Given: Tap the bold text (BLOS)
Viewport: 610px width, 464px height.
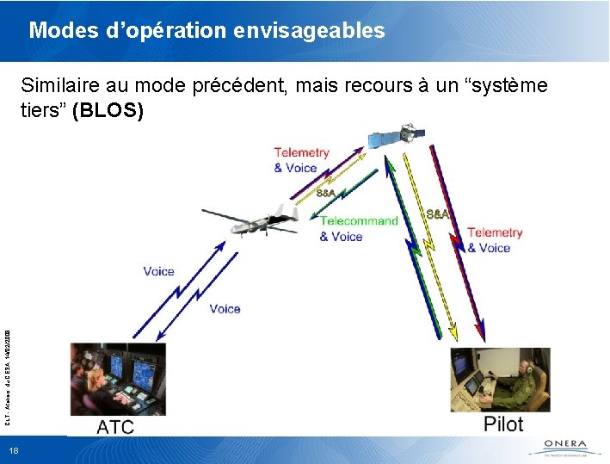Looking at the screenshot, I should pos(108,111).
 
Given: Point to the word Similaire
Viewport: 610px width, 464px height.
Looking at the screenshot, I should pos(59,86).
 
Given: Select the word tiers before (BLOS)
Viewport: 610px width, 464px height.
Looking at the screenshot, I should pos(43,111).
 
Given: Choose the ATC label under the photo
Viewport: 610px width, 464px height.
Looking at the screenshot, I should pos(115,426).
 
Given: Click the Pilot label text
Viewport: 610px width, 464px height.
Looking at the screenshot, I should pos(502,424).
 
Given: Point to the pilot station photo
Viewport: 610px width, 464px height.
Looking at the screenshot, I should pos(500,378).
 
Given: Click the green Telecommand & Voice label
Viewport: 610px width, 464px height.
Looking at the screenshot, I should pos(359,228).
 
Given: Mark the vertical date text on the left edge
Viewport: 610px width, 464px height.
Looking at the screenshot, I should pos(7,371).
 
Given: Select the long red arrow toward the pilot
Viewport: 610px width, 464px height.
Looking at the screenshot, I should pos(458,241).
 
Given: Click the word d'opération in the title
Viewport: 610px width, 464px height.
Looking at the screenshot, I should pos(169,32).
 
